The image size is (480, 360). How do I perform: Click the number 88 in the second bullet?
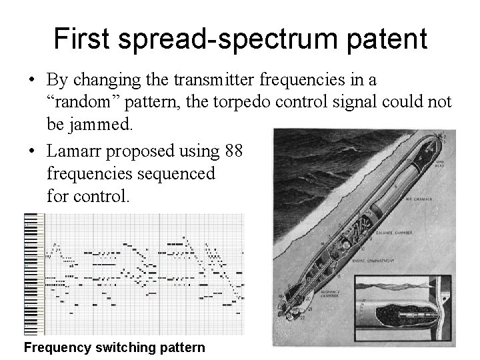tap(233, 151)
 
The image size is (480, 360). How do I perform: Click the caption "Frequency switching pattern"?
tap(114, 347)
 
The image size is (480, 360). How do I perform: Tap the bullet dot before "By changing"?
tap(32, 81)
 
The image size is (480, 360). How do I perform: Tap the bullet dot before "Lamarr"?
tap(32, 152)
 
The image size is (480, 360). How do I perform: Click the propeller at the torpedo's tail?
tap(291, 311)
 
